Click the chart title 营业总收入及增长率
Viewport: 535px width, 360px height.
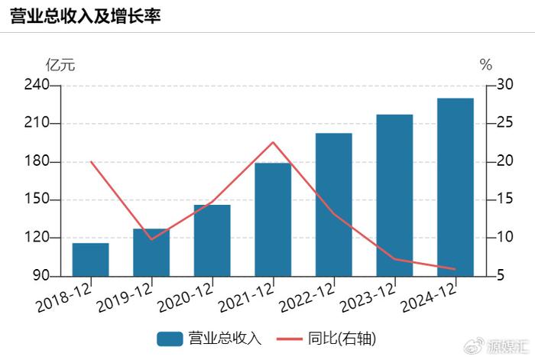click(85, 16)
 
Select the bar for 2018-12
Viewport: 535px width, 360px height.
click(90, 259)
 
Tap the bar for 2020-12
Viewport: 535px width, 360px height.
click(212, 240)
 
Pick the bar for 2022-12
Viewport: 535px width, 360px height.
click(333, 204)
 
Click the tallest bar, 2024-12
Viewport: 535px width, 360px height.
click(456, 186)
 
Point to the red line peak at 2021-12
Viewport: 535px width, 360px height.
click(273, 142)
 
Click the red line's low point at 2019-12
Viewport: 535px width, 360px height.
click(151, 239)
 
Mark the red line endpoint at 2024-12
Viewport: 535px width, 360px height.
click(456, 269)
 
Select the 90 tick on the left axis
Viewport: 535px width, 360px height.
click(40, 276)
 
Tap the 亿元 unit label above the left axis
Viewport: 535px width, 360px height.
click(60, 65)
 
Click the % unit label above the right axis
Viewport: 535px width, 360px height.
click(486, 65)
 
